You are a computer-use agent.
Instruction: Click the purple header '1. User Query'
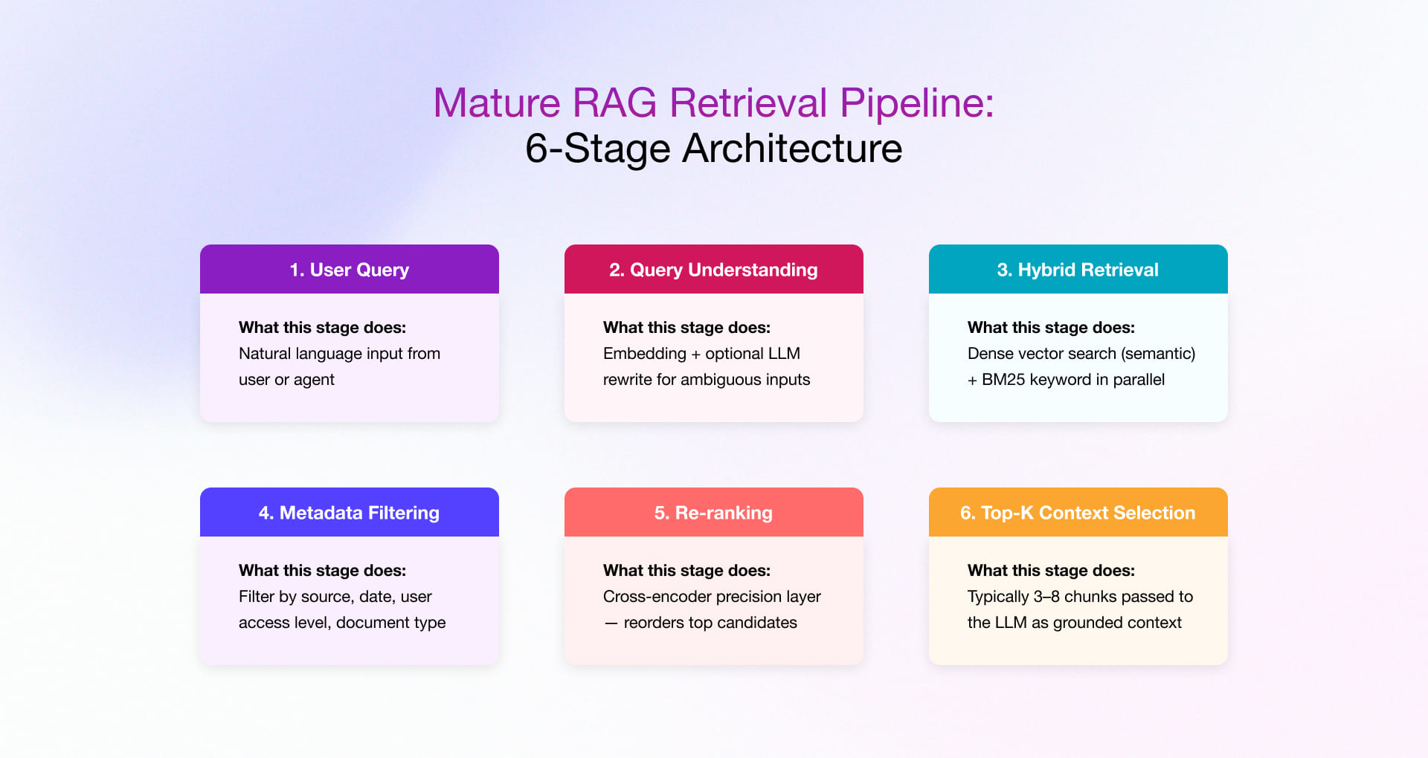pos(349,270)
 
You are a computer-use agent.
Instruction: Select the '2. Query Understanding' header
pos(713,270)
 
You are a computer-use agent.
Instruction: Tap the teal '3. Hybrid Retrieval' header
pos(1078,270)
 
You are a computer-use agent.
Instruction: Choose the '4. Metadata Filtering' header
pos(349,513)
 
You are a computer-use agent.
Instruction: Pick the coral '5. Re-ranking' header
pos(713,513)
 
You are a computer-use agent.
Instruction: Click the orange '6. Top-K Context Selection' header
pos(1078,513)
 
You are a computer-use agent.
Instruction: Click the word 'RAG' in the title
pos(614,103)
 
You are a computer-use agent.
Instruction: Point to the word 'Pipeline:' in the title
pos(916,103)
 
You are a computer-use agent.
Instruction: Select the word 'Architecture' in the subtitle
pos(792,148)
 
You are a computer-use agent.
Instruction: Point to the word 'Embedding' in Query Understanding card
pos(644,354)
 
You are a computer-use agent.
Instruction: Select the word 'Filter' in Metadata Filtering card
pos(256,597)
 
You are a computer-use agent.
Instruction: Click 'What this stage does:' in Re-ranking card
pos(686,571)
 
